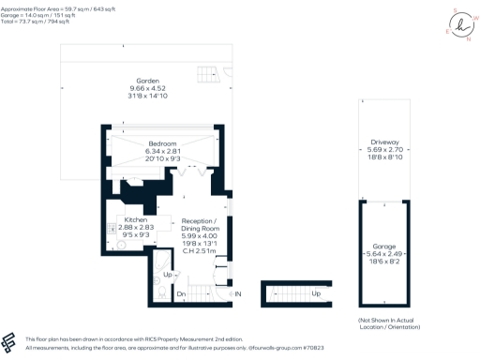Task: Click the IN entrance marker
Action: point(238,294)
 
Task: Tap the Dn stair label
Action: point(182,294)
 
